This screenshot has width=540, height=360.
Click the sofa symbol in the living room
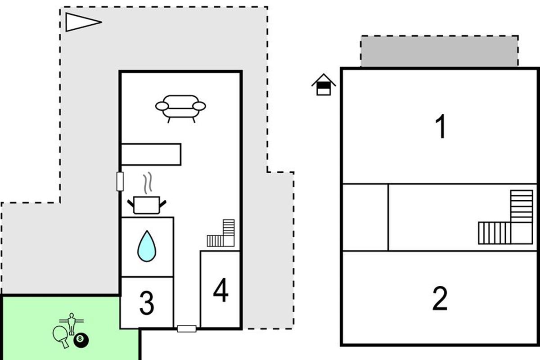180,107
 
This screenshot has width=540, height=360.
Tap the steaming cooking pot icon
147,205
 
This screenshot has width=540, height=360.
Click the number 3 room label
147,303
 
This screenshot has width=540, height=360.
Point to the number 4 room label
220,292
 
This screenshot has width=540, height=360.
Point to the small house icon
324,85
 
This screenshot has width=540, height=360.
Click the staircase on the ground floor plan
221,234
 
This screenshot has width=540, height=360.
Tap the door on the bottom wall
186,329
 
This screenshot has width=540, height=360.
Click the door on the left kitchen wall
120,181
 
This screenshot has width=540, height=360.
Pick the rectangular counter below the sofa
151,154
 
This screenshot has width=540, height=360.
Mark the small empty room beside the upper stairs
365,217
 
